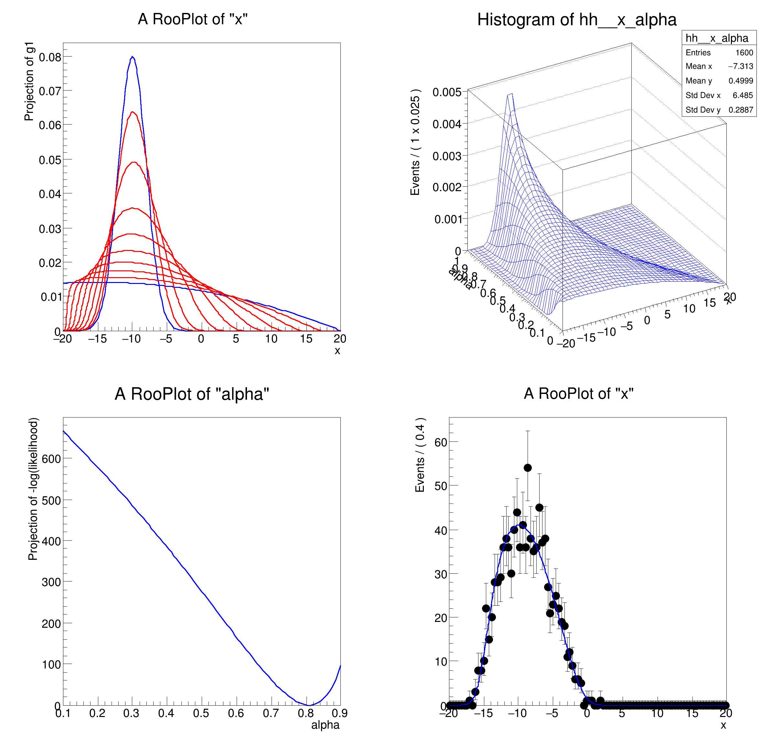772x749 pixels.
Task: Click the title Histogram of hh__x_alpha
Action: click(x=577, y=20)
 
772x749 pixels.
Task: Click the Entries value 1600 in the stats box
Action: click(x=744, y=52)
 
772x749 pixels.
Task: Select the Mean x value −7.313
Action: click(x=741, y=66)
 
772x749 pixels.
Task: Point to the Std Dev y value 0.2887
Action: click(x=741, y=110)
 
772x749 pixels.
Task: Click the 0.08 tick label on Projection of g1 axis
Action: click(x=50, y=57)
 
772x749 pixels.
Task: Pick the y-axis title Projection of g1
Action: click(x=29, y=81)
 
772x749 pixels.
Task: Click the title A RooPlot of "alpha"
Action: click(x=192, y=394)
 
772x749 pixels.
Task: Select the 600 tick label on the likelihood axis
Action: click(x=51, y=459)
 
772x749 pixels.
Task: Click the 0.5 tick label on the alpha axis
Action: click(x=201, y=713)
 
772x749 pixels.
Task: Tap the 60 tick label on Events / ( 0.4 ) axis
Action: click(x=441, y=442)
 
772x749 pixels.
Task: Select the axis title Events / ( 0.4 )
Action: click(x=420, y=455)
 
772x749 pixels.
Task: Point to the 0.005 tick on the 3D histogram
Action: click(x=447, y=92)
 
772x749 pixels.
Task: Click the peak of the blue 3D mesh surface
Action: click(x=510, y=94)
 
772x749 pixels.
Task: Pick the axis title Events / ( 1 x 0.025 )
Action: click(x=415, y=142)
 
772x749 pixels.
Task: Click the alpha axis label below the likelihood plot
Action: click(x=325, y=725)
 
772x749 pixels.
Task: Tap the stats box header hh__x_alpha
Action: click(x=717, y=38)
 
